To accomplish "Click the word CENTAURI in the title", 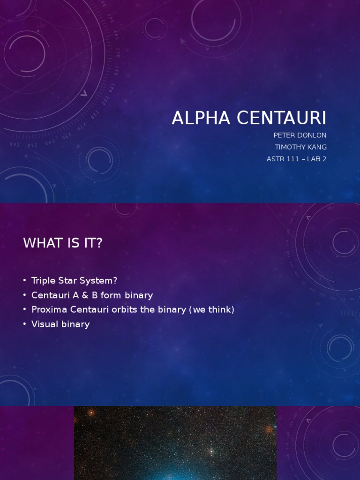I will pyautogui.click(x=281, y=119).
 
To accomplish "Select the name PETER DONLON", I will pyautogui.click(x=300, y=135).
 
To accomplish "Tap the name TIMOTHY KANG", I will pyautogui.click(x=300, y=147).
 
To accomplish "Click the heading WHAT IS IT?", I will pyautogui.click(x=62, y=243).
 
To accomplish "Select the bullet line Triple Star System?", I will pyautogui.click(x=74, y=281).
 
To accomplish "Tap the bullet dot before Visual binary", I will pyautogui.click(x=24, y=324).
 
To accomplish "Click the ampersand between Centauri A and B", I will pyautogui.click(x=85, y=295).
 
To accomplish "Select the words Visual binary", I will pyautogui.click(x=60, y=324).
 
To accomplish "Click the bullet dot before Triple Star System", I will pyautogui.click(x=24, y=281).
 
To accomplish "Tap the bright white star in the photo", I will pyautogui.click(x=211, y=451).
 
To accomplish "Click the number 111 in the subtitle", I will pyautogui.click(x=293, y=159).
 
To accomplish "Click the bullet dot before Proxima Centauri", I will pyautogui.click(x=24, y=310).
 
